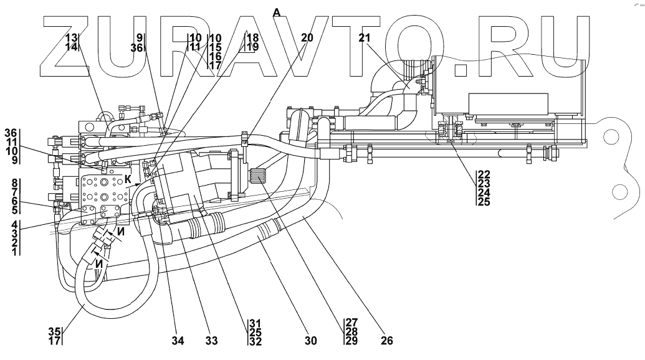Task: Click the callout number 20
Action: coord(307,37)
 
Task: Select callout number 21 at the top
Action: coord(365,37)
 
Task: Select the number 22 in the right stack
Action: coord(484,175)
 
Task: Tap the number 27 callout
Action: coord(351,323)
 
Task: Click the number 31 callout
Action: coord(254,323)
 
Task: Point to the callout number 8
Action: coord(11,184)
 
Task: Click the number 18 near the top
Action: coord(252,37)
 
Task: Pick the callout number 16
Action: coord(216,55)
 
